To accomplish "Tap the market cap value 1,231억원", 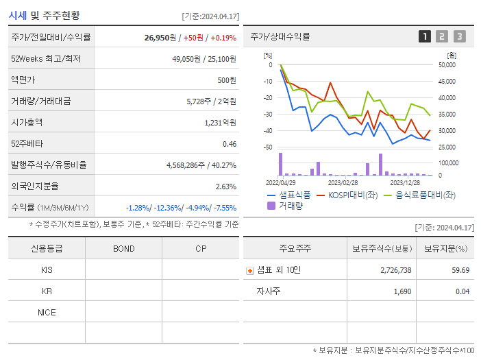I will pyautogui.click(x=220, y=123).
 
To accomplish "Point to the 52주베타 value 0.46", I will pyautogui.click(x=229, y=144).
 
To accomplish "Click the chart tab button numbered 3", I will pyautogui.click(x=459, y=37).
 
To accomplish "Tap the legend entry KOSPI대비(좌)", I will pyautogui.click(x=347, y=195).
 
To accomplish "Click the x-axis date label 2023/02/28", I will pyautogui.click(x=343, y=183).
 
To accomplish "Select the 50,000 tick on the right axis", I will pyautogui.click(x=446, y=65).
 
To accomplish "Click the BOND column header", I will pyautogui.click(x=124, y=248).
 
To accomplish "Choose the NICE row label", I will pyautogui.click(x=47, y=312).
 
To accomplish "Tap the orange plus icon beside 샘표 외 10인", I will pyautogui.click(x=249, y=270).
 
